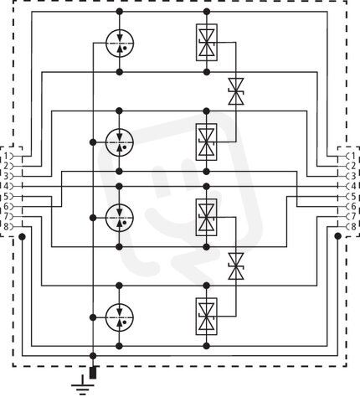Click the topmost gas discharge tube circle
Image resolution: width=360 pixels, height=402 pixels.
pyautogui.click(x=120, y=44)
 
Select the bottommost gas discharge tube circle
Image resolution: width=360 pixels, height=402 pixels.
pyautogui.click(x=120, y=317)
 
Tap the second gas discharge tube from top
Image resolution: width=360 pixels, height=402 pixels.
pyautogui.click(x=120, y=142)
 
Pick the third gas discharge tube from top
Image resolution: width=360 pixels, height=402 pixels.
pyautogui.click(x=120, y=218)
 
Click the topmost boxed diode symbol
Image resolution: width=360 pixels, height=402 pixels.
pyautogui.click(x=207, y=42)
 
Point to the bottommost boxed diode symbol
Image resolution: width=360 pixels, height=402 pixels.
pyautogui.click(x=207, y=317)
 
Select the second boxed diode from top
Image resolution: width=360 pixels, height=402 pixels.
pyautogui.click(x=207, y=142)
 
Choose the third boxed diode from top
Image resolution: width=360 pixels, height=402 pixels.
pyautogui.click(x=207, y=217)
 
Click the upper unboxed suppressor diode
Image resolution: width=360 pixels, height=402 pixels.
pyautogui.click(x=236, y=91)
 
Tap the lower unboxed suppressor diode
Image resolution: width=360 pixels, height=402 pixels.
pyautogui.click(x=236, y=266)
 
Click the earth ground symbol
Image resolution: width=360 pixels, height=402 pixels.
pyautogui.click(x=83, y=386)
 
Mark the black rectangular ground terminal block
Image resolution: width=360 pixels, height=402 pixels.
pyautogui.click(x=93, y=373)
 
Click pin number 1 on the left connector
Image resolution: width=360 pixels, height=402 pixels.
pyautogui.click(x=7, y=156)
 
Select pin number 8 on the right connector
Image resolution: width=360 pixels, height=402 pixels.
pyautogui.click(x=353, y=226)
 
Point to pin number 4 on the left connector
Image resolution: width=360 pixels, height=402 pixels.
pyautogui.click(x=7, y=186)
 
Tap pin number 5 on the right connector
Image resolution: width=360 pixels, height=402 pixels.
pyautogui.click(x=353, y=197)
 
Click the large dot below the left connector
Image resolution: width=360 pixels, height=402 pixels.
pyautogui.click(x=22, y=237)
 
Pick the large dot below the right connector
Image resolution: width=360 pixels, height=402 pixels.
pyautogui.click(x=338, y=236)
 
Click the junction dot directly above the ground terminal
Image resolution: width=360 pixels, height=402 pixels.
pyautogui.click(x=93, y=356)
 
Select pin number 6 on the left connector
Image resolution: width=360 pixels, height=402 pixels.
pyautogui.click(x=7, y=207)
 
